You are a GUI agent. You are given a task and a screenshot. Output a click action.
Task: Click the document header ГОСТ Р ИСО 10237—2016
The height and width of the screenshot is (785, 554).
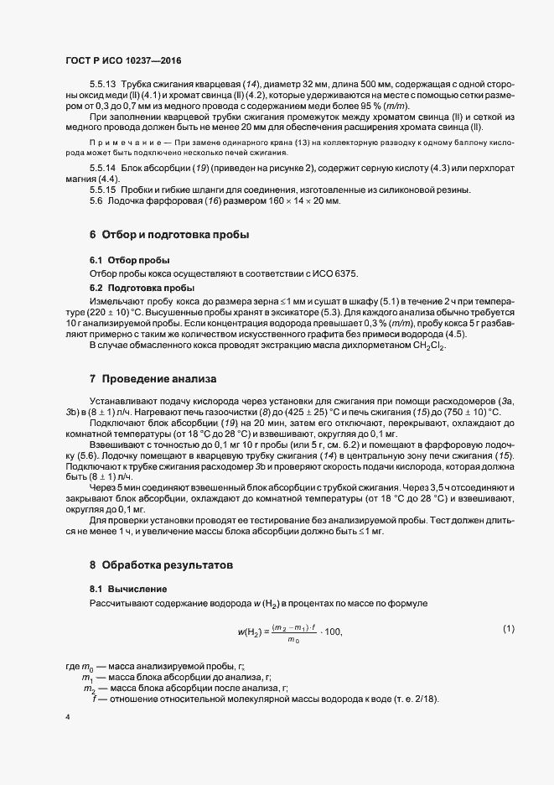122,61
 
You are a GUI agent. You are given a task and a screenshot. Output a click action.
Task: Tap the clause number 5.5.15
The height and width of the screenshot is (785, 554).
105,190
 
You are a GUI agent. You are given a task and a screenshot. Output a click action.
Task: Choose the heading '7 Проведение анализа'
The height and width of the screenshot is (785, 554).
141,378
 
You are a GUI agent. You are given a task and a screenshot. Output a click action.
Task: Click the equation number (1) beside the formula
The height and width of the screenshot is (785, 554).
508,629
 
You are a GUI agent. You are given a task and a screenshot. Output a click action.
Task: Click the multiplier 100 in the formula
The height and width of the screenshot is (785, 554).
333,632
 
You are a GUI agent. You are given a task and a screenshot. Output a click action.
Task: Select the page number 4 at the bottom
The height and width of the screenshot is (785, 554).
67,717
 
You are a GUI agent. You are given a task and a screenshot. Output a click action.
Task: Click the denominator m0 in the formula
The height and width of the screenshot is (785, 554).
293,640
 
